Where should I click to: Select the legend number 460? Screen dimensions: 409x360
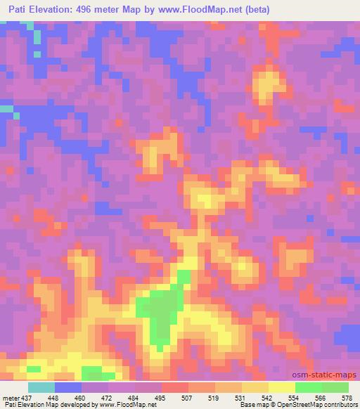pos(82,398)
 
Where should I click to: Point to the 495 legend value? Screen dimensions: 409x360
pos(161,398)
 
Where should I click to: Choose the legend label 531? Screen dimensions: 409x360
pos(241,398)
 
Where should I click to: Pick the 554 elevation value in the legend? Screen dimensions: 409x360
pos(295,398)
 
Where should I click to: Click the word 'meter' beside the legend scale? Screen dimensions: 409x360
pos(11,398)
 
